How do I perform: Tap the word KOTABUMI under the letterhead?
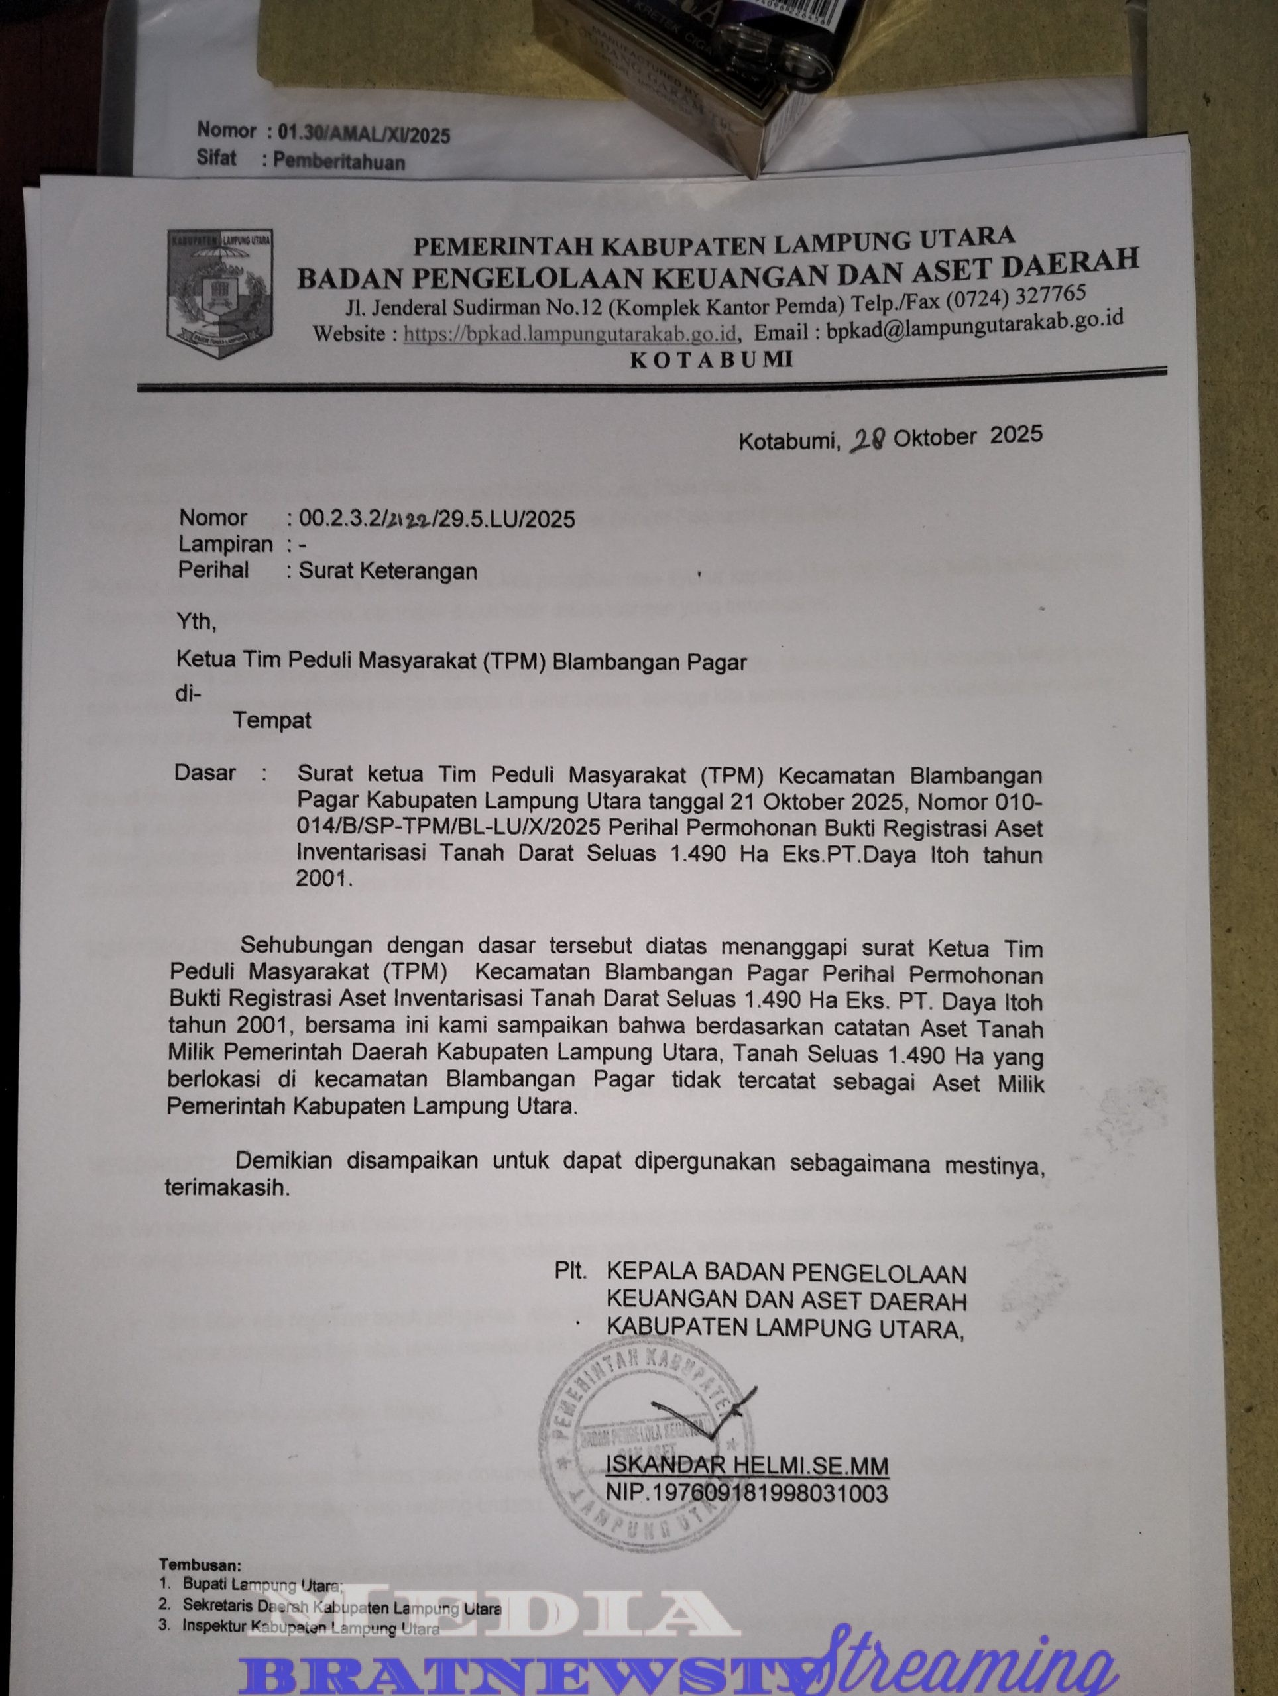711,359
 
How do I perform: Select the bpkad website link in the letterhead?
570,335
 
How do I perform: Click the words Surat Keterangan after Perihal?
388,571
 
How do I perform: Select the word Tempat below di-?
272,721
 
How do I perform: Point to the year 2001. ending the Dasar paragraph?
323,879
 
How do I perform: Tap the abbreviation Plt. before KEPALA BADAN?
571,1272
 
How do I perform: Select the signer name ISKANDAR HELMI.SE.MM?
746,1466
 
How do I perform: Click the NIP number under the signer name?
746,1493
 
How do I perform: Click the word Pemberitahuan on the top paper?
339,162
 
